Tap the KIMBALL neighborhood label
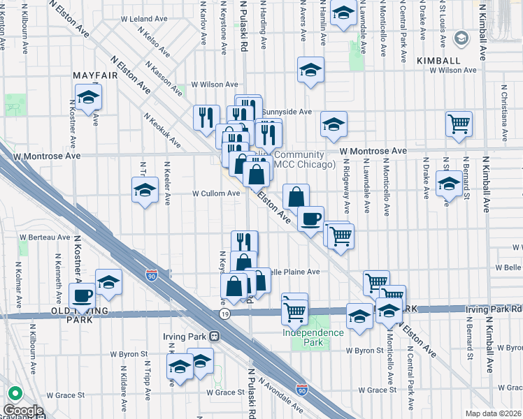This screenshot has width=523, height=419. click(x=438, y=61)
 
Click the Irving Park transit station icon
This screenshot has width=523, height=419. click(x=215, y=336)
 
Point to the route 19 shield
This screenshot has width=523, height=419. click(x=223, y=315)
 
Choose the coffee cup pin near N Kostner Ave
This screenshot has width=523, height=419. click(x=82, y=295)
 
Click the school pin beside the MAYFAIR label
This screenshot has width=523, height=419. click(x=89, y=97)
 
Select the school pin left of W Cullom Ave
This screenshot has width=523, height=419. click(x=145, y=190)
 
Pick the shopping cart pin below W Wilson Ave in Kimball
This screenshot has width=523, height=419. click(x=459, y=124)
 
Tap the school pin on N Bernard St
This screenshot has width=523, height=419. click(x=448, y=184)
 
